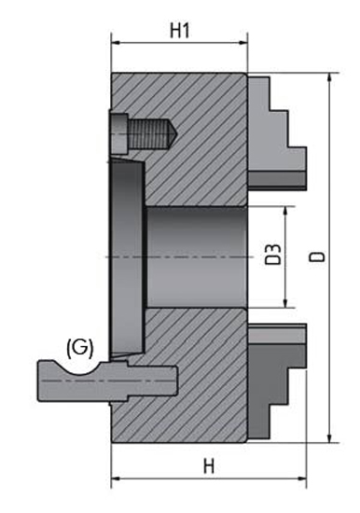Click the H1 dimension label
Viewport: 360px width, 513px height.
(x=180, y=31)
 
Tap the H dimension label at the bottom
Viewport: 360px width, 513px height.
(x=209, y=466)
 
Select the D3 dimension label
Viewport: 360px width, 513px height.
(x=272, y=255)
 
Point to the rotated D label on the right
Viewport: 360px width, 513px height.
(x=318, y=256)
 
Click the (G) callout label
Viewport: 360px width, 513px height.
(x=80, y=348)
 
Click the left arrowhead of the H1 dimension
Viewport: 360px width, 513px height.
(x=116, y=43)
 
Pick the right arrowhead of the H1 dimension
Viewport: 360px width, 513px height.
(x=243, y=43)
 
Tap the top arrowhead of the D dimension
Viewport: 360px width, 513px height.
(x=330, y=77)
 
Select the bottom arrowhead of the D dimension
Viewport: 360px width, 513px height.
(x=330, y=438)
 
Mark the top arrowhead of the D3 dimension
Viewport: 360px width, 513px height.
(x=285, y=211)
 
